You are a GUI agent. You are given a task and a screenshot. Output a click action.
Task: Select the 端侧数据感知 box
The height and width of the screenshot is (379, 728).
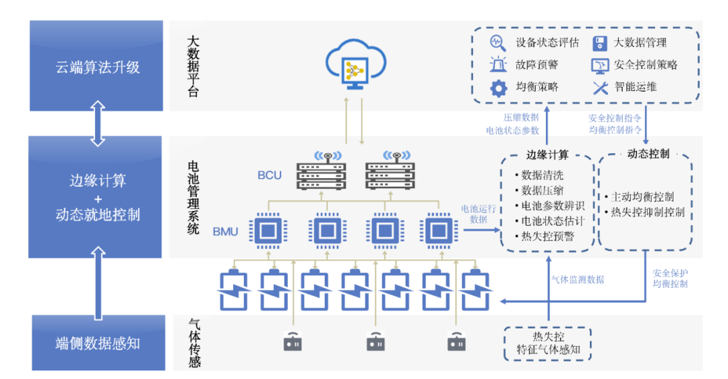(98, 343)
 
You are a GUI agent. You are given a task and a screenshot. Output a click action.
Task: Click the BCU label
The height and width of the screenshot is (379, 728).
(270, 175)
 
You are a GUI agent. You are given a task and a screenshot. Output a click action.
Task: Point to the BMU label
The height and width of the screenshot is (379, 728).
(226, 231)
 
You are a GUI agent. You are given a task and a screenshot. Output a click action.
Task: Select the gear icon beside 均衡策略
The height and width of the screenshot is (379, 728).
(498, 88)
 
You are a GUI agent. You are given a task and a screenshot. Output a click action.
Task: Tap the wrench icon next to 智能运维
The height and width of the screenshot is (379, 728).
(600, 88)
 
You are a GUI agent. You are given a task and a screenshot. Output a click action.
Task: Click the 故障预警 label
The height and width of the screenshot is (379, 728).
(537, 65)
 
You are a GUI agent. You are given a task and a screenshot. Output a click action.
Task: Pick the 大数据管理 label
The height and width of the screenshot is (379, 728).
(640, 42)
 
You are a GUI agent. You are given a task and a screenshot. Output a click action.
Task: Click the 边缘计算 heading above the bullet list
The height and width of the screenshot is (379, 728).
(547, 154)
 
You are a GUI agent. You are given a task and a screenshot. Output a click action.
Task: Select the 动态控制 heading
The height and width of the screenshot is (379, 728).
(648, 153)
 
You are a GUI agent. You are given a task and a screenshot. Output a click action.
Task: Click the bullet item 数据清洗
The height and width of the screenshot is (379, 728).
(544, 175)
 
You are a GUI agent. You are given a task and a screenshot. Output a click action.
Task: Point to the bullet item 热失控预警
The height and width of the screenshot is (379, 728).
(549, 236)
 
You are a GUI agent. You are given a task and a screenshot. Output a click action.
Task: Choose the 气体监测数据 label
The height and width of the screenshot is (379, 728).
(578, 279)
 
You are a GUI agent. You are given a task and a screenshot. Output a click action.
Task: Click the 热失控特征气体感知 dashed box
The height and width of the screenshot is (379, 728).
(547, 343)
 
